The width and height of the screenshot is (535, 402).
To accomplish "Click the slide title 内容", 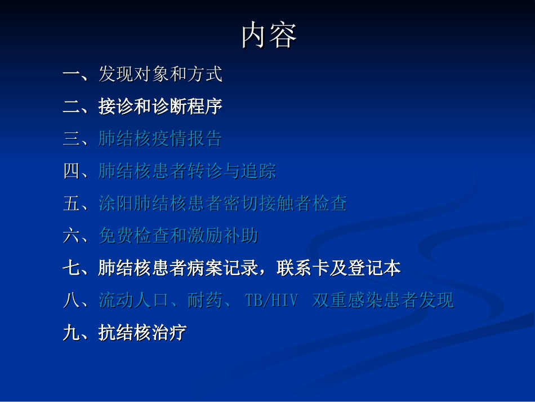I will pos(269,36).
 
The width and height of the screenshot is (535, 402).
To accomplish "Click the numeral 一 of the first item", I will pos(72,74).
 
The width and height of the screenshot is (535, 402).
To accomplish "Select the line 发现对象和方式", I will pos(160,74).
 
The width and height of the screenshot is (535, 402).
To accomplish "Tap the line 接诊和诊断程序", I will pos(160,107).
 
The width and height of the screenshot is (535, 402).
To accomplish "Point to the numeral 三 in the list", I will pos(72,139).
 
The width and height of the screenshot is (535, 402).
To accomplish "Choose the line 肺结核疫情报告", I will pos(160,139).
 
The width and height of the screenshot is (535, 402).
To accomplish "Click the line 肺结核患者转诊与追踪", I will pos(187,171).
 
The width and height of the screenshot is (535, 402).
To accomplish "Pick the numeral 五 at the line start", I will pos(72,204).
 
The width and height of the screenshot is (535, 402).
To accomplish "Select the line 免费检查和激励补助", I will pos(178,236).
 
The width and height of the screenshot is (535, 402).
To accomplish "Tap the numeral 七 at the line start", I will pos(72,268).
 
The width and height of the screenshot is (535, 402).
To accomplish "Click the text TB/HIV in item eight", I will pos(271,301).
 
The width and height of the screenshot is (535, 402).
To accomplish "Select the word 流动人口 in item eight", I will pos(133,301).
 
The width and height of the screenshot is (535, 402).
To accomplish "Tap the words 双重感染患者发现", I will pos(383,301).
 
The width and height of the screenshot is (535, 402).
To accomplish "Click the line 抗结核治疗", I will pos(142,333).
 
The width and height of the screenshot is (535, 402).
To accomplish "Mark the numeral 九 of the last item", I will pos(72,333).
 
